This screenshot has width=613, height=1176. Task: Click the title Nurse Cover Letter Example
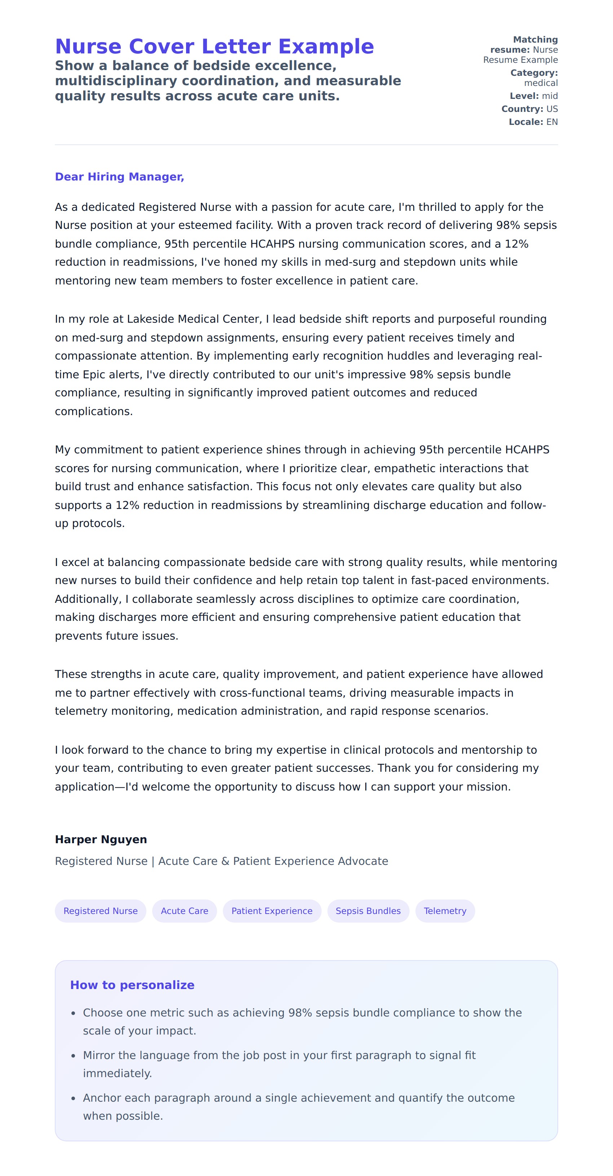214,47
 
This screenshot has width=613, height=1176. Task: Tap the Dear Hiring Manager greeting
119,177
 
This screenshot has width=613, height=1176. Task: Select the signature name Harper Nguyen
101,839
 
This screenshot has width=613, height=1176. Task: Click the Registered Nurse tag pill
100,911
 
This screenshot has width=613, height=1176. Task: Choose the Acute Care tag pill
184,911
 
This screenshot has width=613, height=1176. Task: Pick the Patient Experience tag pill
272,911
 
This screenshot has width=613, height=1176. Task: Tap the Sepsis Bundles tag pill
368,911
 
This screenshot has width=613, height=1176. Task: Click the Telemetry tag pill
445,911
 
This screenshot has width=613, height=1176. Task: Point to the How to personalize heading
132,985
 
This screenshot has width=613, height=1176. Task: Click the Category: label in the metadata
534,73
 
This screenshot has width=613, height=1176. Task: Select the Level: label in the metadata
524,96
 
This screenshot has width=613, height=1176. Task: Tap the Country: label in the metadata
522,109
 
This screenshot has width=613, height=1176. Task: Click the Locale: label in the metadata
526,122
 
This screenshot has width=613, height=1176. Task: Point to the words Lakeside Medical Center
193,319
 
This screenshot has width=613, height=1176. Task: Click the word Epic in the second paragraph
94,374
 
